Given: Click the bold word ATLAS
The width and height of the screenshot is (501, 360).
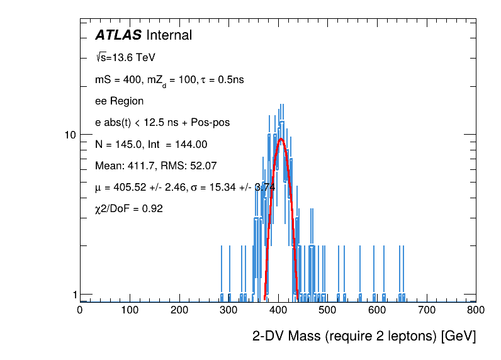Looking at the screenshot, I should click(118, 35).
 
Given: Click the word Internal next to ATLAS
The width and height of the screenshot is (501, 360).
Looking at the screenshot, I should click(169, 35).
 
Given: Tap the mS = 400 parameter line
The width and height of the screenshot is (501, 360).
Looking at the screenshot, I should click(169, 80).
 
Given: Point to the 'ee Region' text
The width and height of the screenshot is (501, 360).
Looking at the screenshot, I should click(119, 101).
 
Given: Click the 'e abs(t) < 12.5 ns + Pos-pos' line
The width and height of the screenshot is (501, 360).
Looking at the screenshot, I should click(162, 122).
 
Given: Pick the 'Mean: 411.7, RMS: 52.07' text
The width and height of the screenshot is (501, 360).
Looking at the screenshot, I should click(155, 166).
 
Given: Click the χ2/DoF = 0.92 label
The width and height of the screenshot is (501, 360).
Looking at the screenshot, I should click(129, 208).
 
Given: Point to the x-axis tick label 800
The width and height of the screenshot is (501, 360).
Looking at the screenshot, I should click(476, 310).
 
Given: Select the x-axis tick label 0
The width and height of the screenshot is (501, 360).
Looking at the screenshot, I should click(79, 310).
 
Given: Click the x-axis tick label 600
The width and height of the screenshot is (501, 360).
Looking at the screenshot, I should click(377, 310).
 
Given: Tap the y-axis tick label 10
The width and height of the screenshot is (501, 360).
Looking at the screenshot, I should click(70, 135).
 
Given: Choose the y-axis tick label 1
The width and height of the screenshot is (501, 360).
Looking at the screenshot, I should click(74, 295).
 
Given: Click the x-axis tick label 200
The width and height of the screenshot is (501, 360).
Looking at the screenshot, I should click(179, 310).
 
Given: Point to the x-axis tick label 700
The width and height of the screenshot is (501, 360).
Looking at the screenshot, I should click(427, 310).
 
